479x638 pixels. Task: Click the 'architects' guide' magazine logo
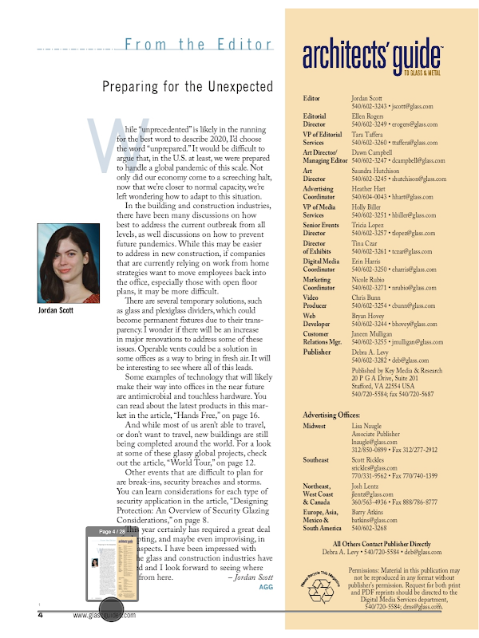(x=371, y=56)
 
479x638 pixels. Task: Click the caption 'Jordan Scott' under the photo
(x=59, y=311)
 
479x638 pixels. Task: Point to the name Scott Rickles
(x=371, y=460)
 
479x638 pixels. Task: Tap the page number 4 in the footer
(x=41, y=615)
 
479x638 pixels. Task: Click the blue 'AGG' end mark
(x=267, y=586)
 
